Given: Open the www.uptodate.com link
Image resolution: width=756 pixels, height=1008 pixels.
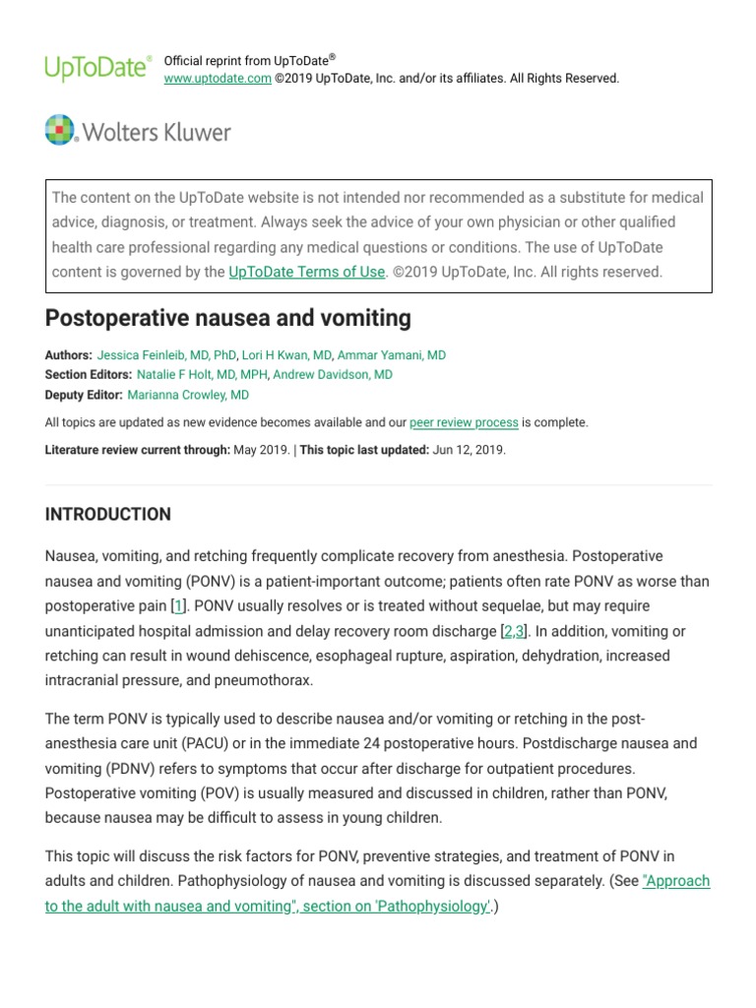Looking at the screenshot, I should click(x=218, y=79).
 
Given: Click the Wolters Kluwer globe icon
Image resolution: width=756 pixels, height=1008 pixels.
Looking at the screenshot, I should click(x=60, y=130).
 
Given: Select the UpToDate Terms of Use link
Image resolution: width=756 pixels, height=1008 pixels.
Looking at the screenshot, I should click(x=306, y=272).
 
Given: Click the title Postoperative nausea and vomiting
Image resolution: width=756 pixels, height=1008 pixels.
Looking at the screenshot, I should click(x=227, y=319).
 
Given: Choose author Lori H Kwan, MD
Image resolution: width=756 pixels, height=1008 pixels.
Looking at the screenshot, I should click(x=286, y=355).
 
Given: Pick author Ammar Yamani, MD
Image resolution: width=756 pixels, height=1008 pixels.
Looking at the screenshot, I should click(x=391, y=355).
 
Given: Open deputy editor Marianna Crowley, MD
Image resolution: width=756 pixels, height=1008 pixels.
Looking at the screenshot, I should click(x=188, y=395).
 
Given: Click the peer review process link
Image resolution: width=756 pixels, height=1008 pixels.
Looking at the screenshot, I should click(x=464, y=422).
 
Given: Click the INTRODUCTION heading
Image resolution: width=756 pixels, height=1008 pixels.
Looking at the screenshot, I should click(x=108, y=514).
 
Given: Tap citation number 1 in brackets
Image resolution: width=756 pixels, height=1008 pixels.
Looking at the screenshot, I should click(x=178, y=606).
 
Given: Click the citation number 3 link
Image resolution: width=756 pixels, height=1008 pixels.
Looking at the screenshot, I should click(x=520, y=631).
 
